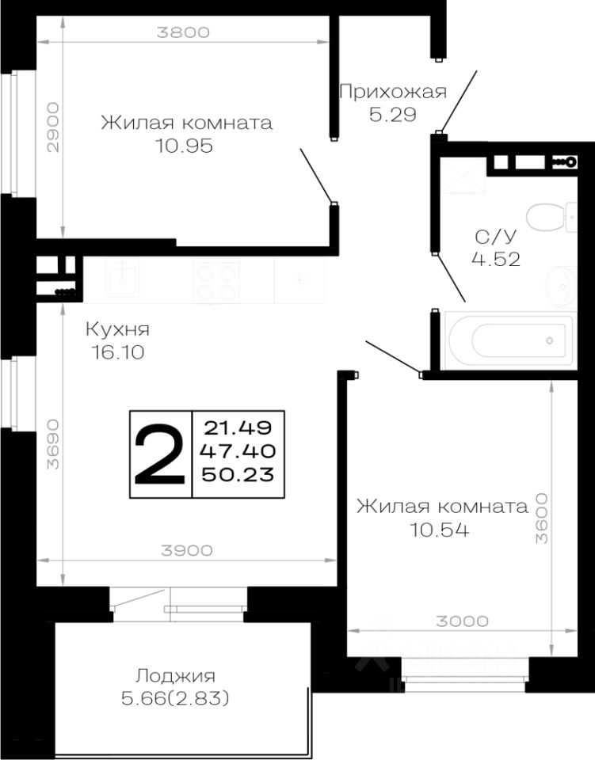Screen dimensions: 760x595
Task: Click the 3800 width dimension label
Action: coord(183,32)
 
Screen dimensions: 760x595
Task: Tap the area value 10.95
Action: coord(185,147)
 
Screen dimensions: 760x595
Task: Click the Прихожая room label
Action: coord(392,91)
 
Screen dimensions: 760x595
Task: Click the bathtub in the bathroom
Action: coord(508,341)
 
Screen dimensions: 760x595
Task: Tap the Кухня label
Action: coord(117,329)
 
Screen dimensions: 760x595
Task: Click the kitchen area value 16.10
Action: coord(117,353)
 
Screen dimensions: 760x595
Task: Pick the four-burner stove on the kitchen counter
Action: coord(216,282)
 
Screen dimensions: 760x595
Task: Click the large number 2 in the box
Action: coord(161,454)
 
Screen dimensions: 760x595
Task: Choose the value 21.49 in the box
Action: coord(238,427)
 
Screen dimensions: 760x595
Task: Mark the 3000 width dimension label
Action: coord(463,621)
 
